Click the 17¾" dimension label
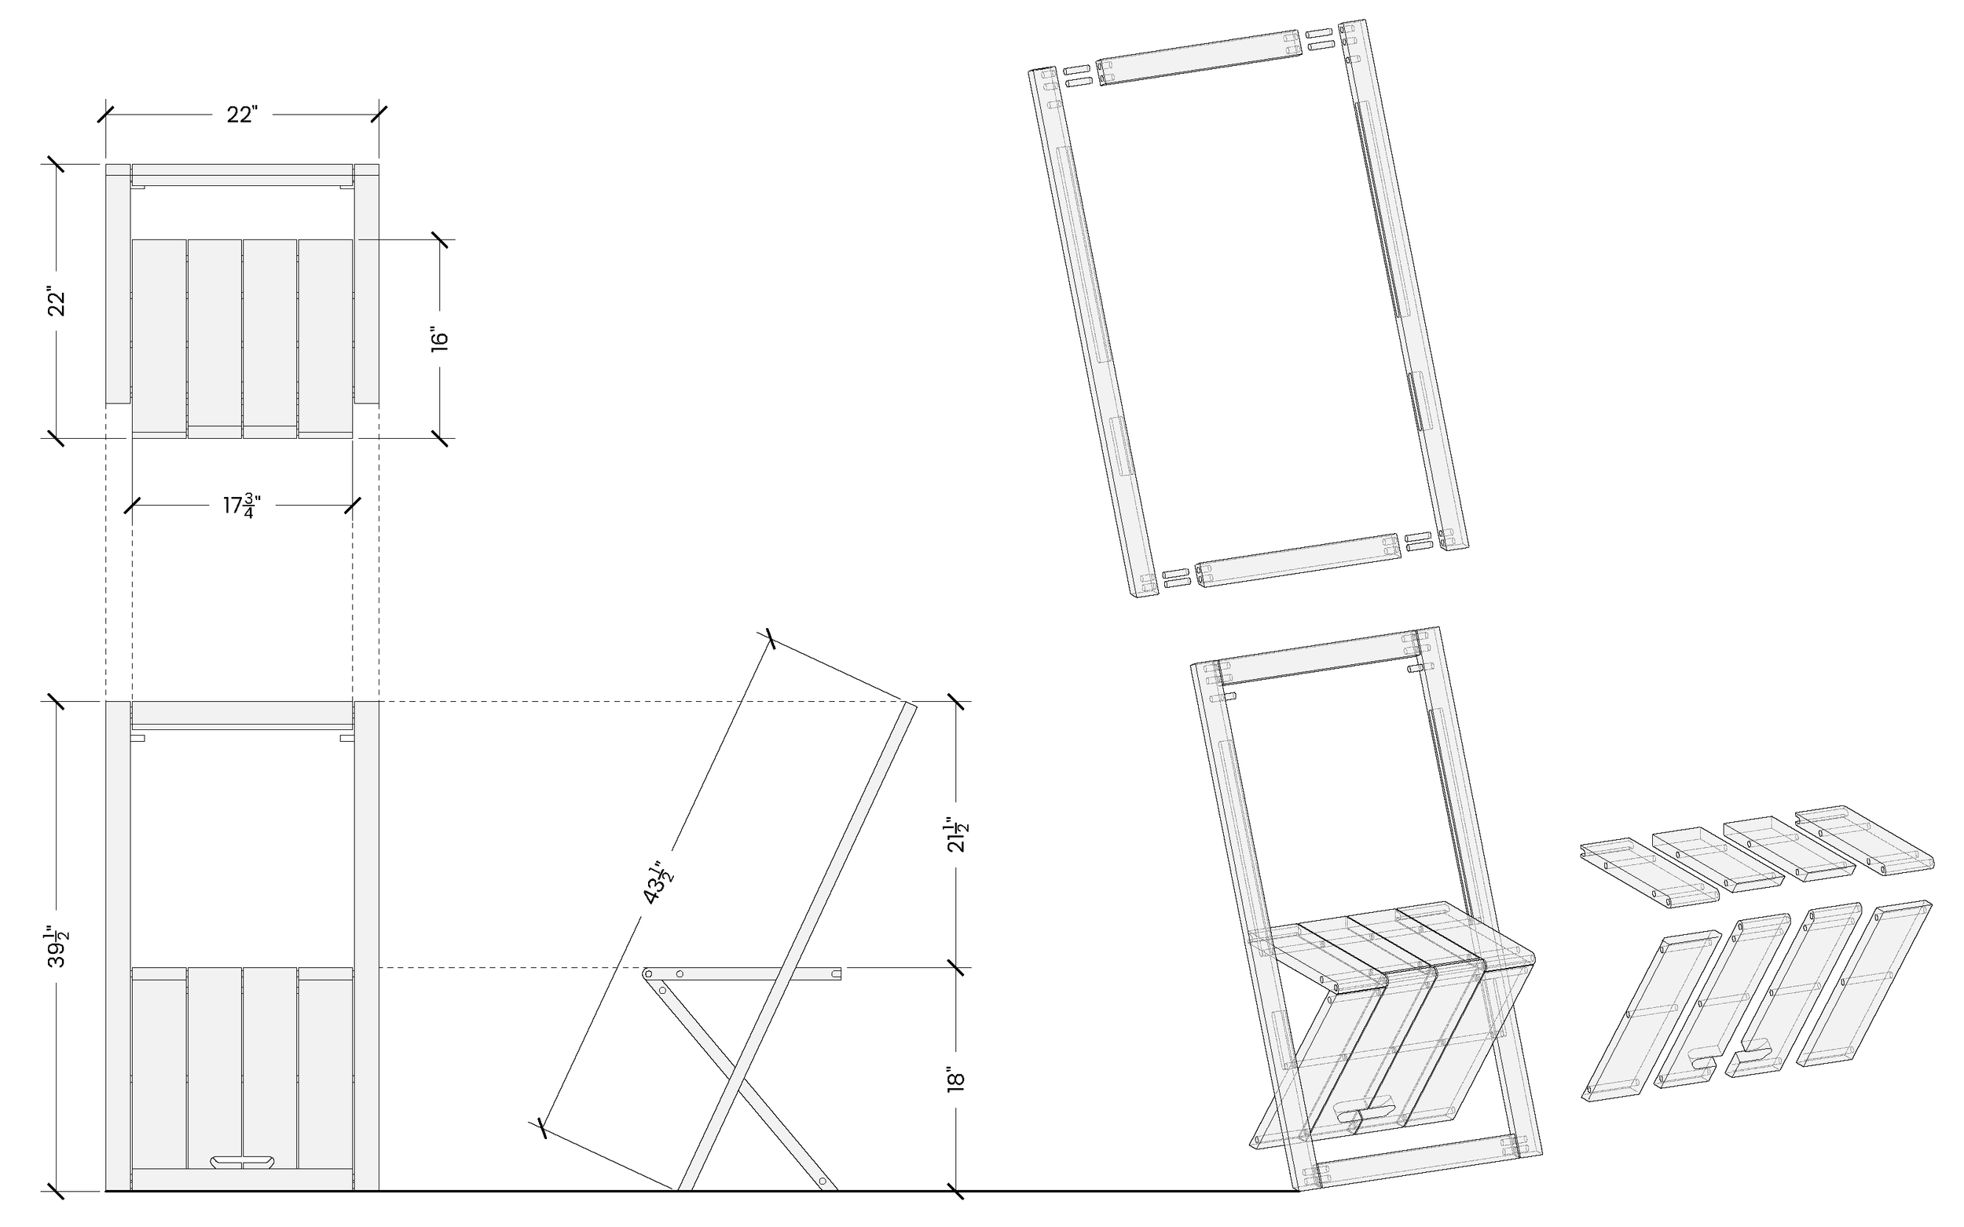pyautogui.click(x=242, y=506)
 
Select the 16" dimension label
pyautogui.click(x=439, y=339)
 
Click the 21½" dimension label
pyautogui.click(x=957, y=834)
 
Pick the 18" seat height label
pyautogui.click(x=957, y=1080)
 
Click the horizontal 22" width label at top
pyautogui.click(x=242, y=115)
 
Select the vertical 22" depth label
pyautogui.click(x=57, y=301)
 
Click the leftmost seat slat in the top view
pyautogui.click(x=159, y=337)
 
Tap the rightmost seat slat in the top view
pyautogui.click(x=325, y=337)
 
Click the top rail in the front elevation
pyautogui.click(x=242, y=714)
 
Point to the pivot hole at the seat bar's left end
pyautogui.click(x=649, y=972)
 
